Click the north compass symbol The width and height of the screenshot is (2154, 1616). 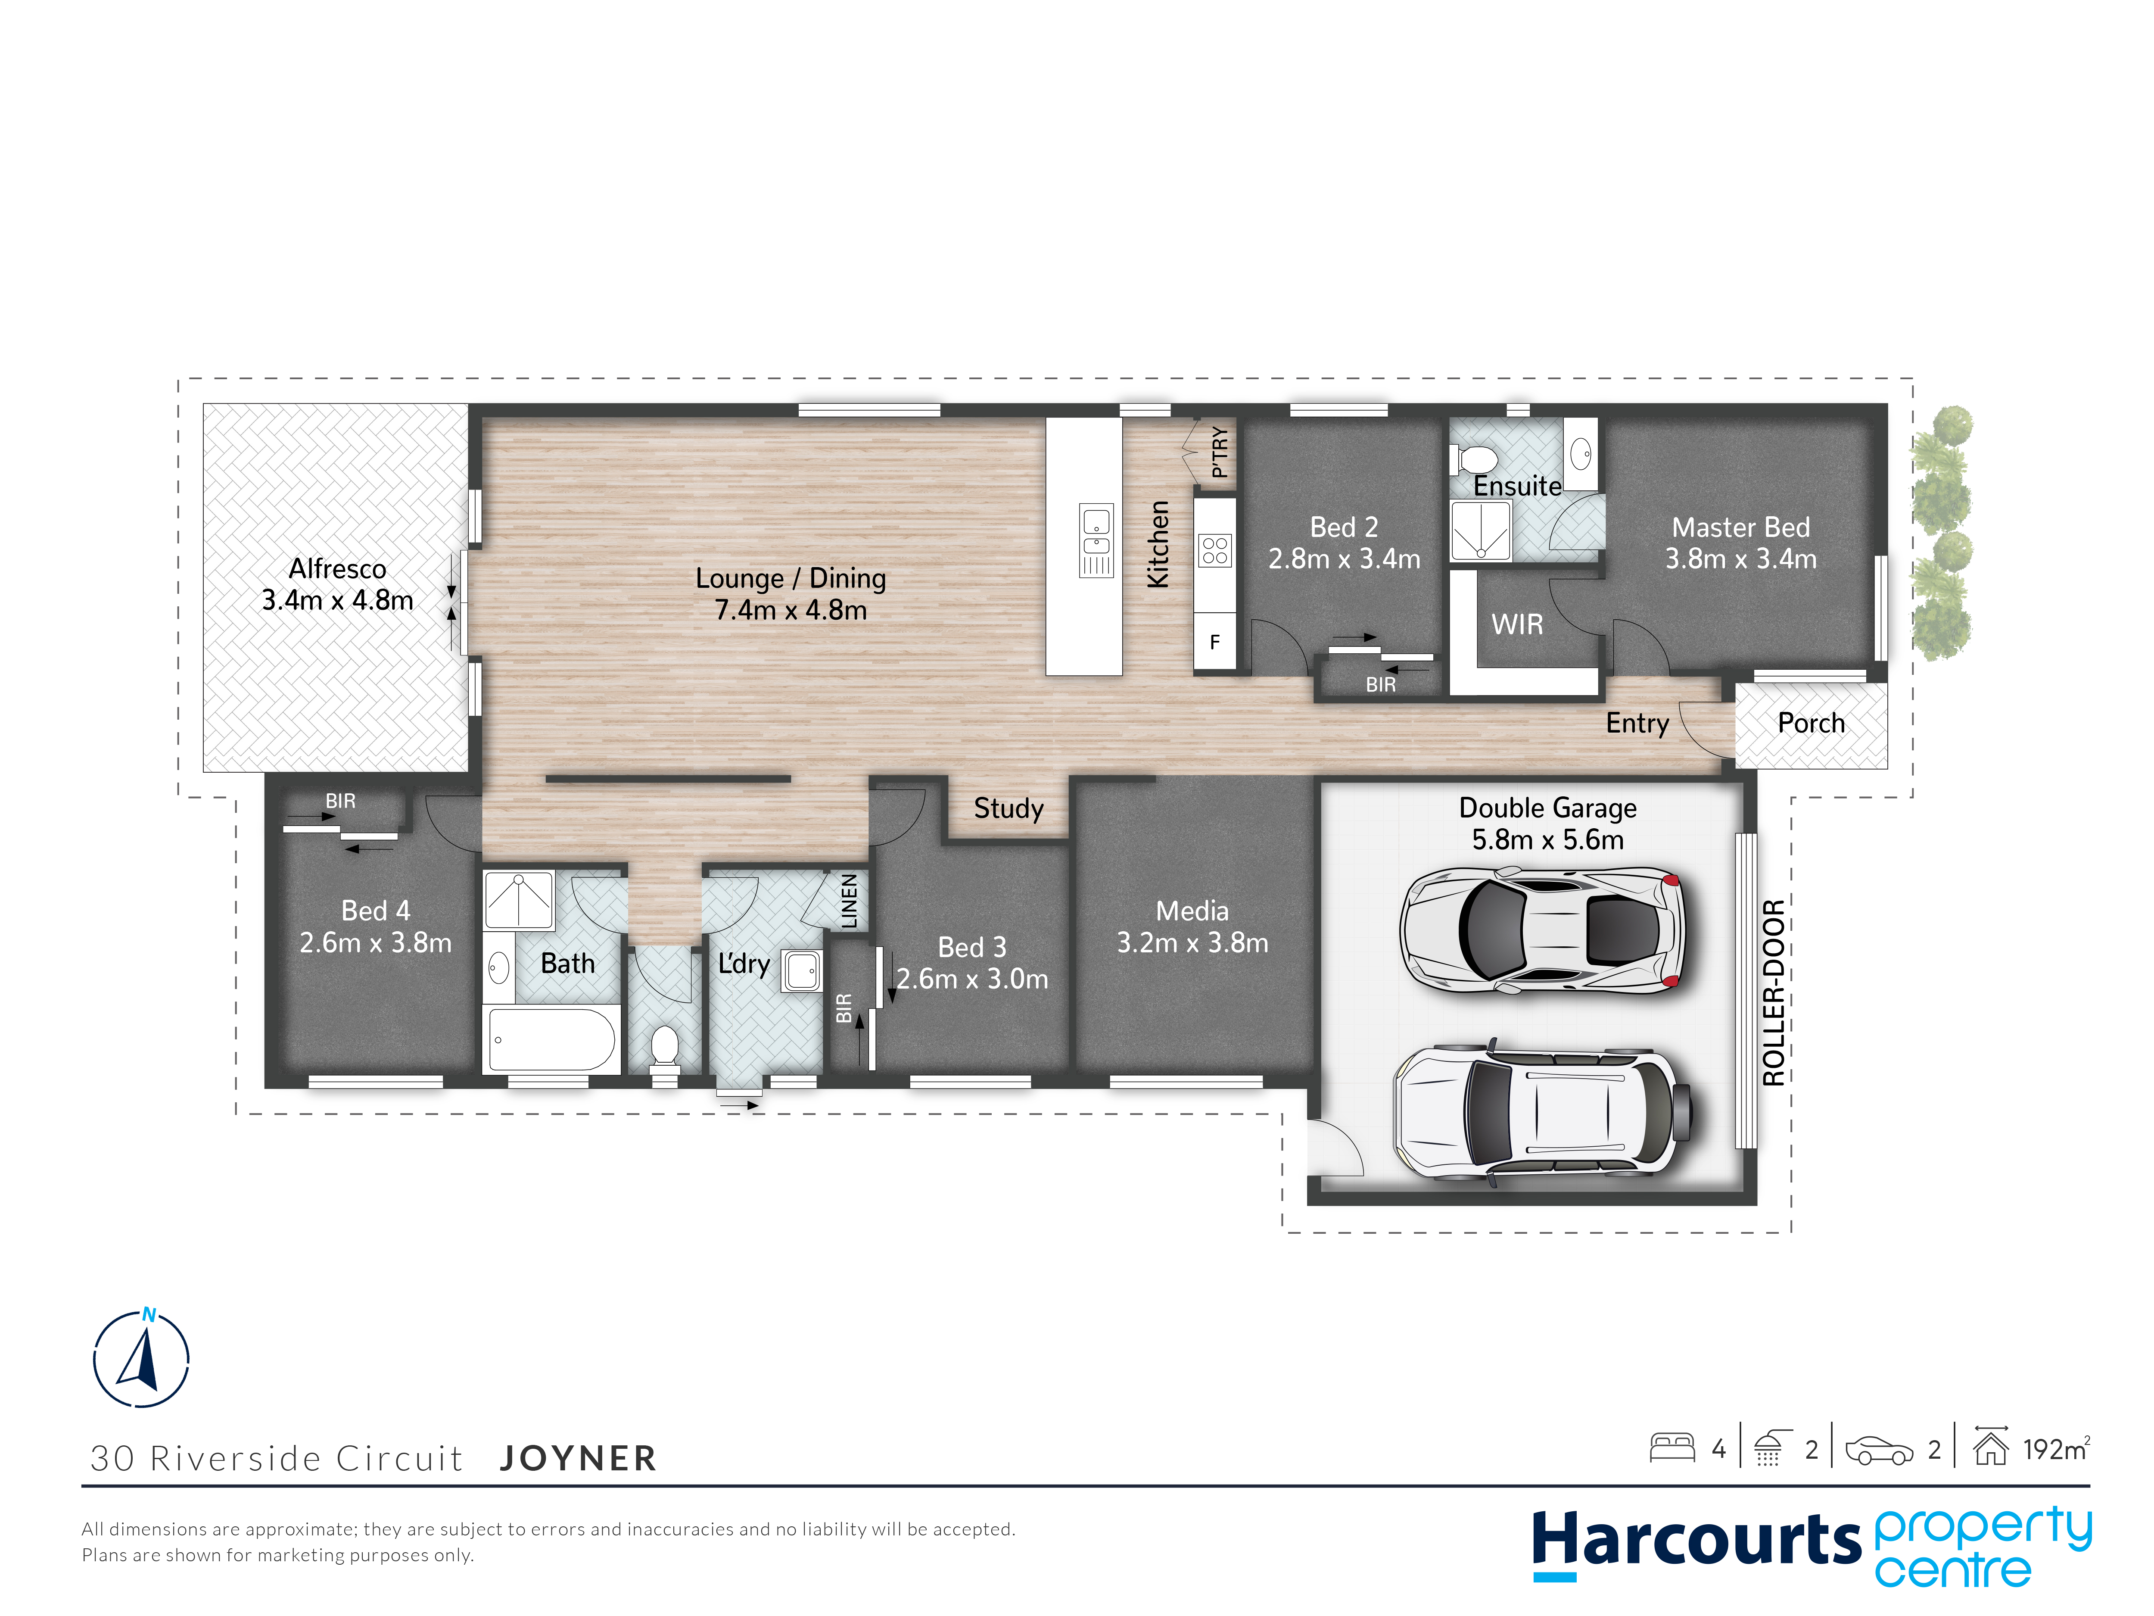click(141, 1357)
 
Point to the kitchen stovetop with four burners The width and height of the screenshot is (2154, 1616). click(1214, 550)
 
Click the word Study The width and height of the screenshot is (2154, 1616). click(1009, 808)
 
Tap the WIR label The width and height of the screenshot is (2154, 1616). click(1517, 624)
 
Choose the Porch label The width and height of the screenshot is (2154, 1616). click(1811, 723)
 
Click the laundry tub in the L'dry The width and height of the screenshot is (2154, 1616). click(801, 970)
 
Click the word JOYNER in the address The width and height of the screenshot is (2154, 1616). click(579, 1458)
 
